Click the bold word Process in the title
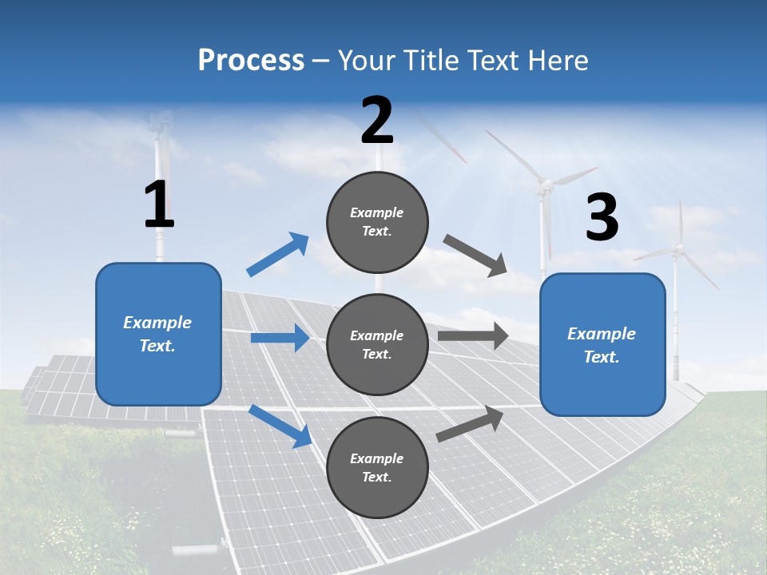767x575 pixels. (251, 61)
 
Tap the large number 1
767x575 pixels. (159, 205)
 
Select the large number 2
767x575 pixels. (377, 121)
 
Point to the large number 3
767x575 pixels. (602, 218)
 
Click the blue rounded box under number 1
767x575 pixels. (158, 334)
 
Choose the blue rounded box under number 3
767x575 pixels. (602, 344)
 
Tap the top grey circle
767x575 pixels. (377, 222)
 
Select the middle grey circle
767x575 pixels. (377, 344)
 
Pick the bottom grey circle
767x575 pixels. (377, 467)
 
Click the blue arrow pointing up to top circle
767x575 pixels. (278, 255)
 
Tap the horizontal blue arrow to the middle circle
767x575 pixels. (280, 338)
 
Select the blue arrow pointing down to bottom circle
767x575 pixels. (280, 426)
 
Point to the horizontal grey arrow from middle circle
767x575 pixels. (472, 335)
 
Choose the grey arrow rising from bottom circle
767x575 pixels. (470, 423)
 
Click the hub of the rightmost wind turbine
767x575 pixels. (678, 250)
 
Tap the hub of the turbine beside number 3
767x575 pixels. (544, 186)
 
